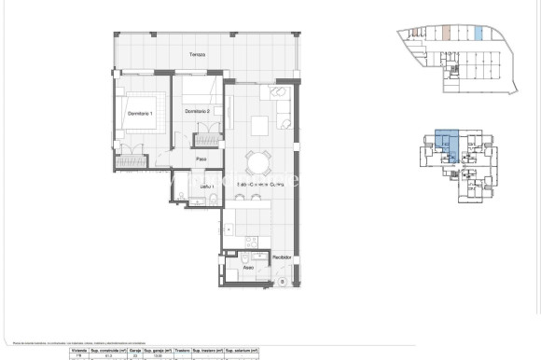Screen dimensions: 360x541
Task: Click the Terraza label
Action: pos(196,55)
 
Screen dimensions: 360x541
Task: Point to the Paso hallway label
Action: pos(201,159)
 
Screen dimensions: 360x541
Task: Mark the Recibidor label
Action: pos(282,256)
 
